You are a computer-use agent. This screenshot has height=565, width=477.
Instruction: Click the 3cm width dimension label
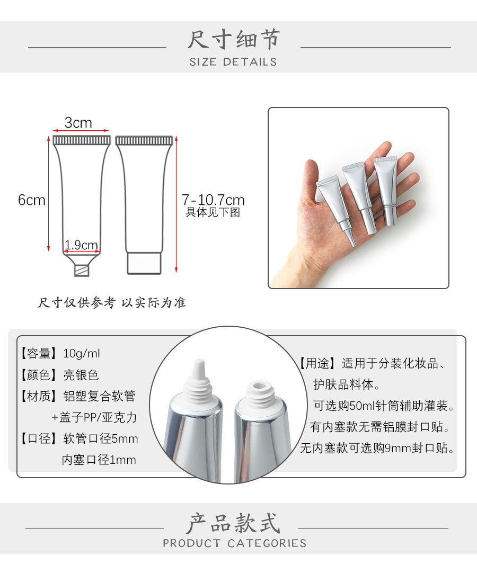point(78,123)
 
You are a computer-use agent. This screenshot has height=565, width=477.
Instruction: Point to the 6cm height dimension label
point(32,200)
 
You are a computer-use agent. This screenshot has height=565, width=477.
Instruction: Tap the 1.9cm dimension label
point(81,245)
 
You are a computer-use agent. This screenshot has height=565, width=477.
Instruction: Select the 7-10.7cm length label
point(213,200)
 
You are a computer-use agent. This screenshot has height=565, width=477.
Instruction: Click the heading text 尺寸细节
point(233,40)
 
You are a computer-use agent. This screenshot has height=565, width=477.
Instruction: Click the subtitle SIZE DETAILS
point(233,62)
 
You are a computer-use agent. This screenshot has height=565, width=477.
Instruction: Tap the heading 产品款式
point(233,523)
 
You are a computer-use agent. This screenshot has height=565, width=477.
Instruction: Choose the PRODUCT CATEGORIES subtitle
point(234,543)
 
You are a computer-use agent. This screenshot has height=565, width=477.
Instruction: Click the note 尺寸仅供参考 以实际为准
point(112,303)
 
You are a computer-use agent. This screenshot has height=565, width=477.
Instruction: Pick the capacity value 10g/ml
point(81,353)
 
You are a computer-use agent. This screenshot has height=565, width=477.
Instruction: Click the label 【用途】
point(317,364)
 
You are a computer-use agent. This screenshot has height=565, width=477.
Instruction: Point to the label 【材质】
point(38,396)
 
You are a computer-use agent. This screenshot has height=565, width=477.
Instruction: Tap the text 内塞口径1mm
point(99,460)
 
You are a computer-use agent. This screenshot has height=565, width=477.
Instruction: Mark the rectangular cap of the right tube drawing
point(144,263)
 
